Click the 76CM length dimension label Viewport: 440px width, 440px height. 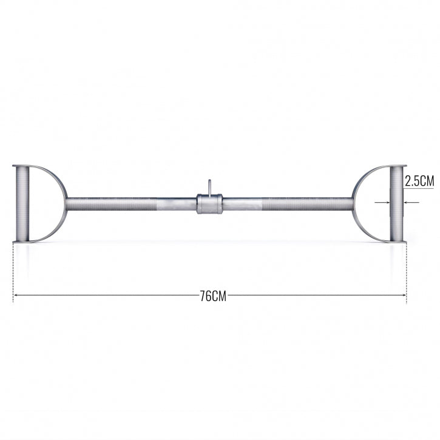tap(212, 296)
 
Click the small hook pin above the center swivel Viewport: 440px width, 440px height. tap(208, 186)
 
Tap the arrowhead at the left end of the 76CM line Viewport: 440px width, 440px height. tap(15, 296)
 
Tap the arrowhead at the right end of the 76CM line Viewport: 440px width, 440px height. tap(404, 296)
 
